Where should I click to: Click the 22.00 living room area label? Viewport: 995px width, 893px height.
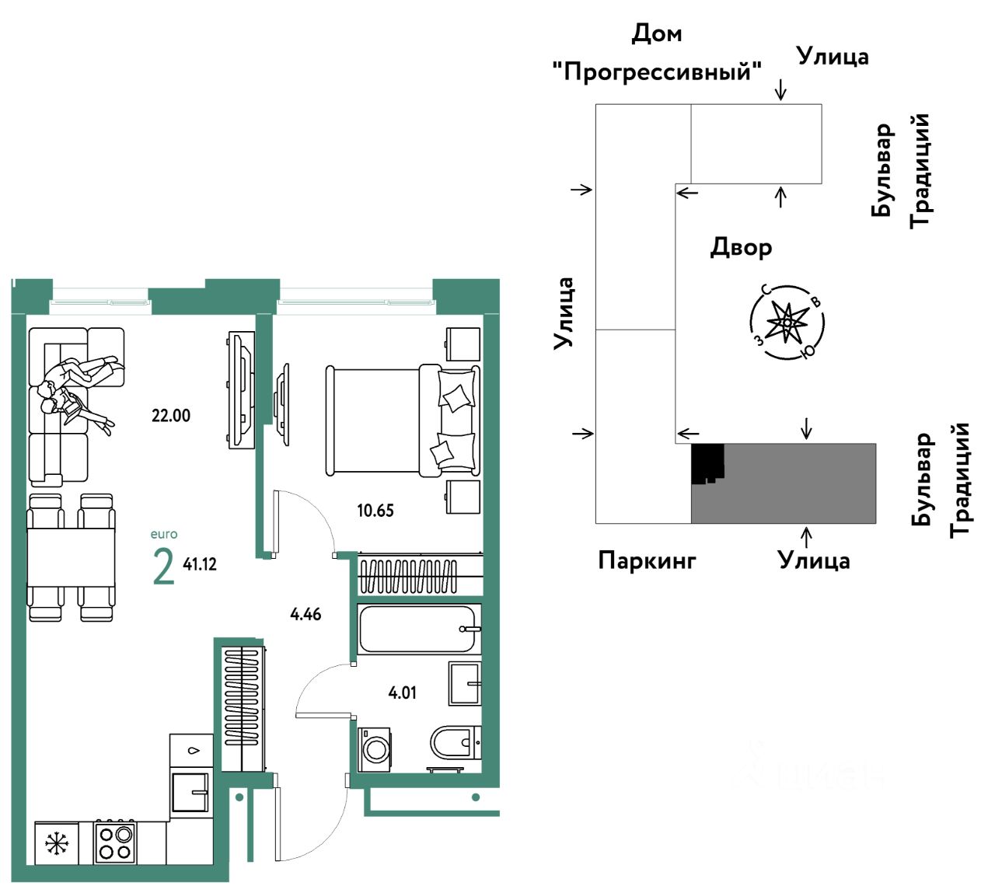170,416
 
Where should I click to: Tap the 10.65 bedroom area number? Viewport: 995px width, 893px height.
375,511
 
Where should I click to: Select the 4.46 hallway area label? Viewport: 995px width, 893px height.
305,614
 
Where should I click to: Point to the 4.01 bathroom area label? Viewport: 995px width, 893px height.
402,692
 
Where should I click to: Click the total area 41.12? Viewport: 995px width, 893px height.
200,564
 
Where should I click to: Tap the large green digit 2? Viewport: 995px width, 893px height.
163,567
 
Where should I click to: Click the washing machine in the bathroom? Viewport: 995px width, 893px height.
374,749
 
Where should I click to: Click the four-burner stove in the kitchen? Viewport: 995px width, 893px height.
114,843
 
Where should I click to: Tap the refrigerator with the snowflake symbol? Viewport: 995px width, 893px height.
57,843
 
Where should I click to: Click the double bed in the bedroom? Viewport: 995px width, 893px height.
403,420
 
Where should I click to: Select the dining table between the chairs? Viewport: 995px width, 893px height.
71,556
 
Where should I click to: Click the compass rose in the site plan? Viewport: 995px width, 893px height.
787,323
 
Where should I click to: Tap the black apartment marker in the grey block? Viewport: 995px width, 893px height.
707,462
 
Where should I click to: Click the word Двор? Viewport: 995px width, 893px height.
741,248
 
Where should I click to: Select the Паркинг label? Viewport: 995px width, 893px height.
647,560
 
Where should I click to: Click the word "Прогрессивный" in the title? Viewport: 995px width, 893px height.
657,72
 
